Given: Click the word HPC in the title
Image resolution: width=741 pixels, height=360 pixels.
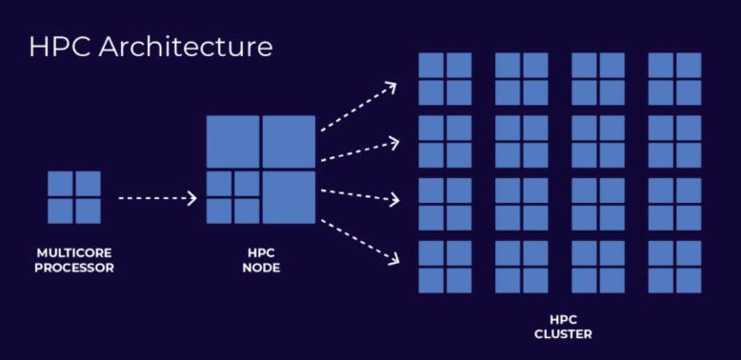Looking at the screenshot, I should (60, 47).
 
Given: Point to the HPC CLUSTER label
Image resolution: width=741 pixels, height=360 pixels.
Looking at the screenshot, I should (560, 327).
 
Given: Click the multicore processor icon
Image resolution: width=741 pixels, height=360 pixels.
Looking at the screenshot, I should (74, 197).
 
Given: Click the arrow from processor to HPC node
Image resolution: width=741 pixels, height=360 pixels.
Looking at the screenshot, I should (156, 198).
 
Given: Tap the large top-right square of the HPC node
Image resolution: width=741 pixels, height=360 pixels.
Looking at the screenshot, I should (288, 142).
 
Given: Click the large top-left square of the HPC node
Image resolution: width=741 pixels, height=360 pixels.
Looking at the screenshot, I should (232, 142).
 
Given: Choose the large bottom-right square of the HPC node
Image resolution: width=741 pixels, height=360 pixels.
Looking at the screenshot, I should (288, 197).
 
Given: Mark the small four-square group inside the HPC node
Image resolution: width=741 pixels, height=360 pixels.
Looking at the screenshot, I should (232, 197).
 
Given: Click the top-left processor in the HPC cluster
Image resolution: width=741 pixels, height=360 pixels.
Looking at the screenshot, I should (445, 78).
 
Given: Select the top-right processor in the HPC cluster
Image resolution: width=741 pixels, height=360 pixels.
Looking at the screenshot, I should (674, 78).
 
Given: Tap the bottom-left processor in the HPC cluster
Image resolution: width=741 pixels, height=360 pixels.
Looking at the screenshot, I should (445, 267).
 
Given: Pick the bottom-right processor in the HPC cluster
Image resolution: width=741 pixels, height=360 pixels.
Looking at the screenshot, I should (674, 267).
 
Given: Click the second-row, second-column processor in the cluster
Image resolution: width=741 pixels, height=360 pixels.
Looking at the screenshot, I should (521, 141).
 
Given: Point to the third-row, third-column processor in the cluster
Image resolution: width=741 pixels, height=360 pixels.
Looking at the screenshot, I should (598, 204).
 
